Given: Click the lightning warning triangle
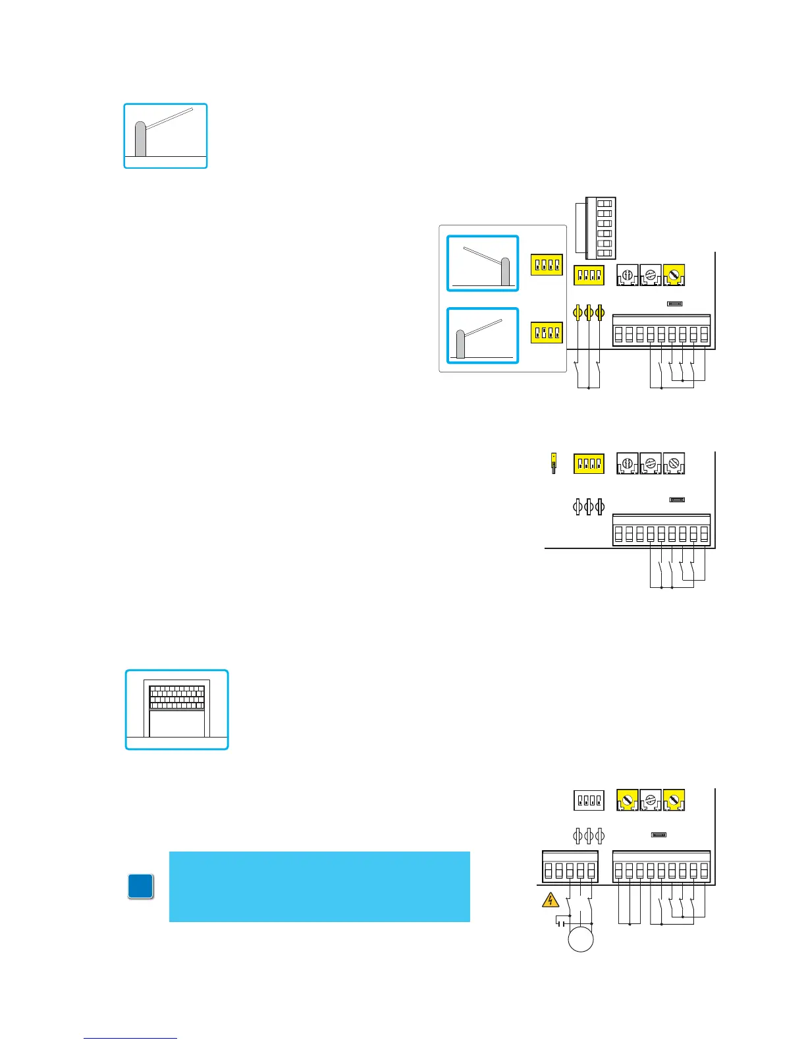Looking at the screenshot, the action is (x=550, y=901).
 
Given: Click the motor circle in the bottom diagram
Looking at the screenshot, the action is (x=581, y=938).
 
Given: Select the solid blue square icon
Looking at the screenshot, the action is (x=141, y=886).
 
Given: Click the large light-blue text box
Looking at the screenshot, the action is (x=319, y=886).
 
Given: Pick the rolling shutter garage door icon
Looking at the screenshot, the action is (x=177, y=709).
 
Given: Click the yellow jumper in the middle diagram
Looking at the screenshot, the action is (x=554, y=463).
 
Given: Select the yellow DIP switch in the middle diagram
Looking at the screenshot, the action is (x=589, y=464).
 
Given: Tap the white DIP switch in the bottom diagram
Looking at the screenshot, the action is (x=589, y=800).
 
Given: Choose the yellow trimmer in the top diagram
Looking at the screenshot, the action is (x=674, y=275).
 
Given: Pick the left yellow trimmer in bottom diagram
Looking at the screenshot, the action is (x=627, y=800).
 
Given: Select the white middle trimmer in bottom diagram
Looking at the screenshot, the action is (x=651, y=800).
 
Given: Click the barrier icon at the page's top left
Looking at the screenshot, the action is (x=166, y=136).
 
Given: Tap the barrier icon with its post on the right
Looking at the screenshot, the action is (x=483, y=263).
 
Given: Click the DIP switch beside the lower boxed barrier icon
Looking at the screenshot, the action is (x=547, y=333).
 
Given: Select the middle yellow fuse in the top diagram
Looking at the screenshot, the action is (x=589, y=312).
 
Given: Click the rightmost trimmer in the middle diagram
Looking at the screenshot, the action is (x=674, y=464).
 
